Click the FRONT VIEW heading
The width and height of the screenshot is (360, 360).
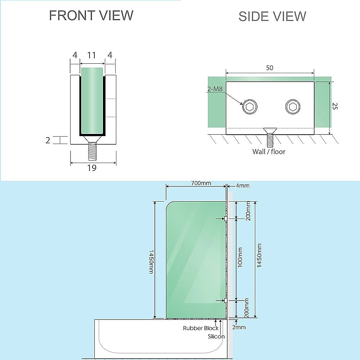91,15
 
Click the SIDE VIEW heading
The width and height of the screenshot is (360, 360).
272,16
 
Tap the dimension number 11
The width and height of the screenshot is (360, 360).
92,55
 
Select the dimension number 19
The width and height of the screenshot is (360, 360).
92,168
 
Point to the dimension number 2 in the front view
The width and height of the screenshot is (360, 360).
48,140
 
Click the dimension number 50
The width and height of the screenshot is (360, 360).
270,68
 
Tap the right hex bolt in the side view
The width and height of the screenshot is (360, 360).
292,107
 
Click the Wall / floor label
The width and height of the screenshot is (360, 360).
269,152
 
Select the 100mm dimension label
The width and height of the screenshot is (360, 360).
240,257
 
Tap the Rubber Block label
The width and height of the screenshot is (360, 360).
201,328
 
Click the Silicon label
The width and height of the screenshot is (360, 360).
216,337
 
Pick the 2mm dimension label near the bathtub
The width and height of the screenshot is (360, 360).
239,327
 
